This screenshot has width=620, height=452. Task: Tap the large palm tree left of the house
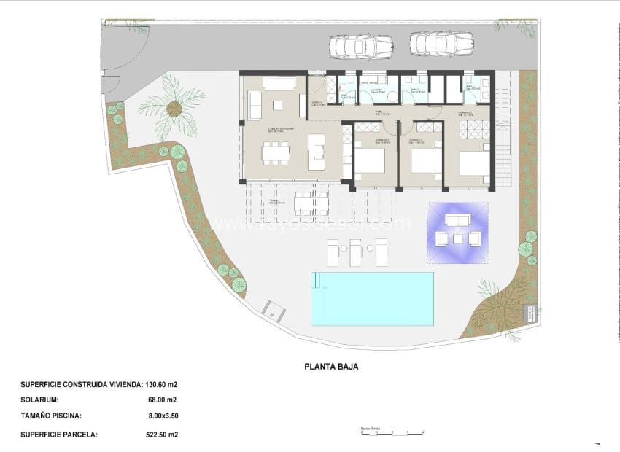click(174, 109)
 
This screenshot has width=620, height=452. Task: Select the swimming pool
click(373, 298)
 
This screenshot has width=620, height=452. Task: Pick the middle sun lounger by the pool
click(356, 252)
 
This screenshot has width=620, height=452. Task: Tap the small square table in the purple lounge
click(457, 238)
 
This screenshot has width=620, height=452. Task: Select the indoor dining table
click(275, 152)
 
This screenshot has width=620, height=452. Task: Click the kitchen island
click(317, 152)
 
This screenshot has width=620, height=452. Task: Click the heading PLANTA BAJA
click(331, 367)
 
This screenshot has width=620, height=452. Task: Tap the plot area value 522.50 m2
click(162, 435)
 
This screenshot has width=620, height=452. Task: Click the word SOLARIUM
click(40, 400)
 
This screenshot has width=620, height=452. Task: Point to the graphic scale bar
click(392, 434)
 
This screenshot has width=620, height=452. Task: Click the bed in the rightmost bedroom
click(474, 163)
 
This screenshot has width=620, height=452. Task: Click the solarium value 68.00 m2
click(161, 400)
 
